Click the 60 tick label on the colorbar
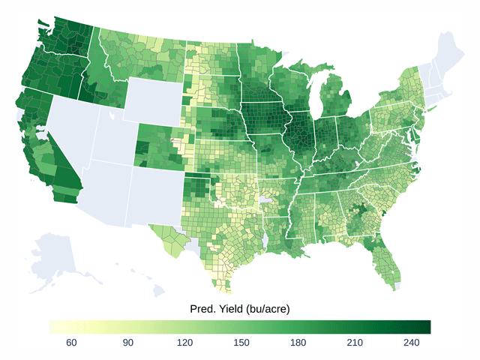[x=72, y=343]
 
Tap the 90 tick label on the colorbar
[x=128, y=343]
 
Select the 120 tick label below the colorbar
[x=185, y=343]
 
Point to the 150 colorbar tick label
[x=241, y=343]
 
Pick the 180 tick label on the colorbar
[x=298, y=343]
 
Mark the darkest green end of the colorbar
[x=426, y=326]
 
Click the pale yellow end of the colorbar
[x=53, y=326]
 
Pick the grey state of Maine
[x=448, y=56]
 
